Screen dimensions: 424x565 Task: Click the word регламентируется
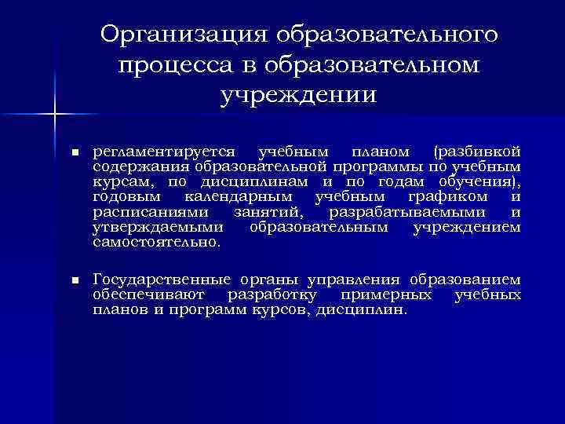pos(166,151)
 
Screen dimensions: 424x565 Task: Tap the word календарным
pos(239,197)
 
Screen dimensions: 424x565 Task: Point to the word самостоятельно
pos(156,243)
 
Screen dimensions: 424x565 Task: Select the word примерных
pos(387,295)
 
